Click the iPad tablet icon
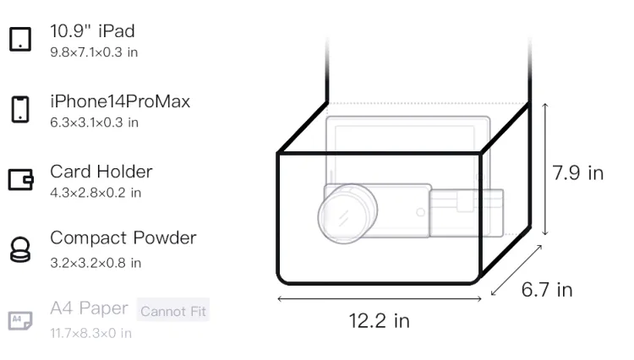pyautogui.click(x=20, y=39)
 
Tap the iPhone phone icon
pyautogui.click(x=20, y=109)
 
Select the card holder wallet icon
pyautogui.click(x=20, y=179)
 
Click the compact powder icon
pyautogui.click(x=20, y=249)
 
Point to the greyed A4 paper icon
pyautogui.click(x=20, y=320)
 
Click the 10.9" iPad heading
pyautogui.click(x=92, y=31)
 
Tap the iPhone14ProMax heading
pyautogui.click(x=120, y=101)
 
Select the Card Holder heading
pyautogui.click(x=101, y=172)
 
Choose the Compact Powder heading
pyautogui.click(x=123, y=238)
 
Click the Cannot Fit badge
pyautogui.click(x=173, y=311)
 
